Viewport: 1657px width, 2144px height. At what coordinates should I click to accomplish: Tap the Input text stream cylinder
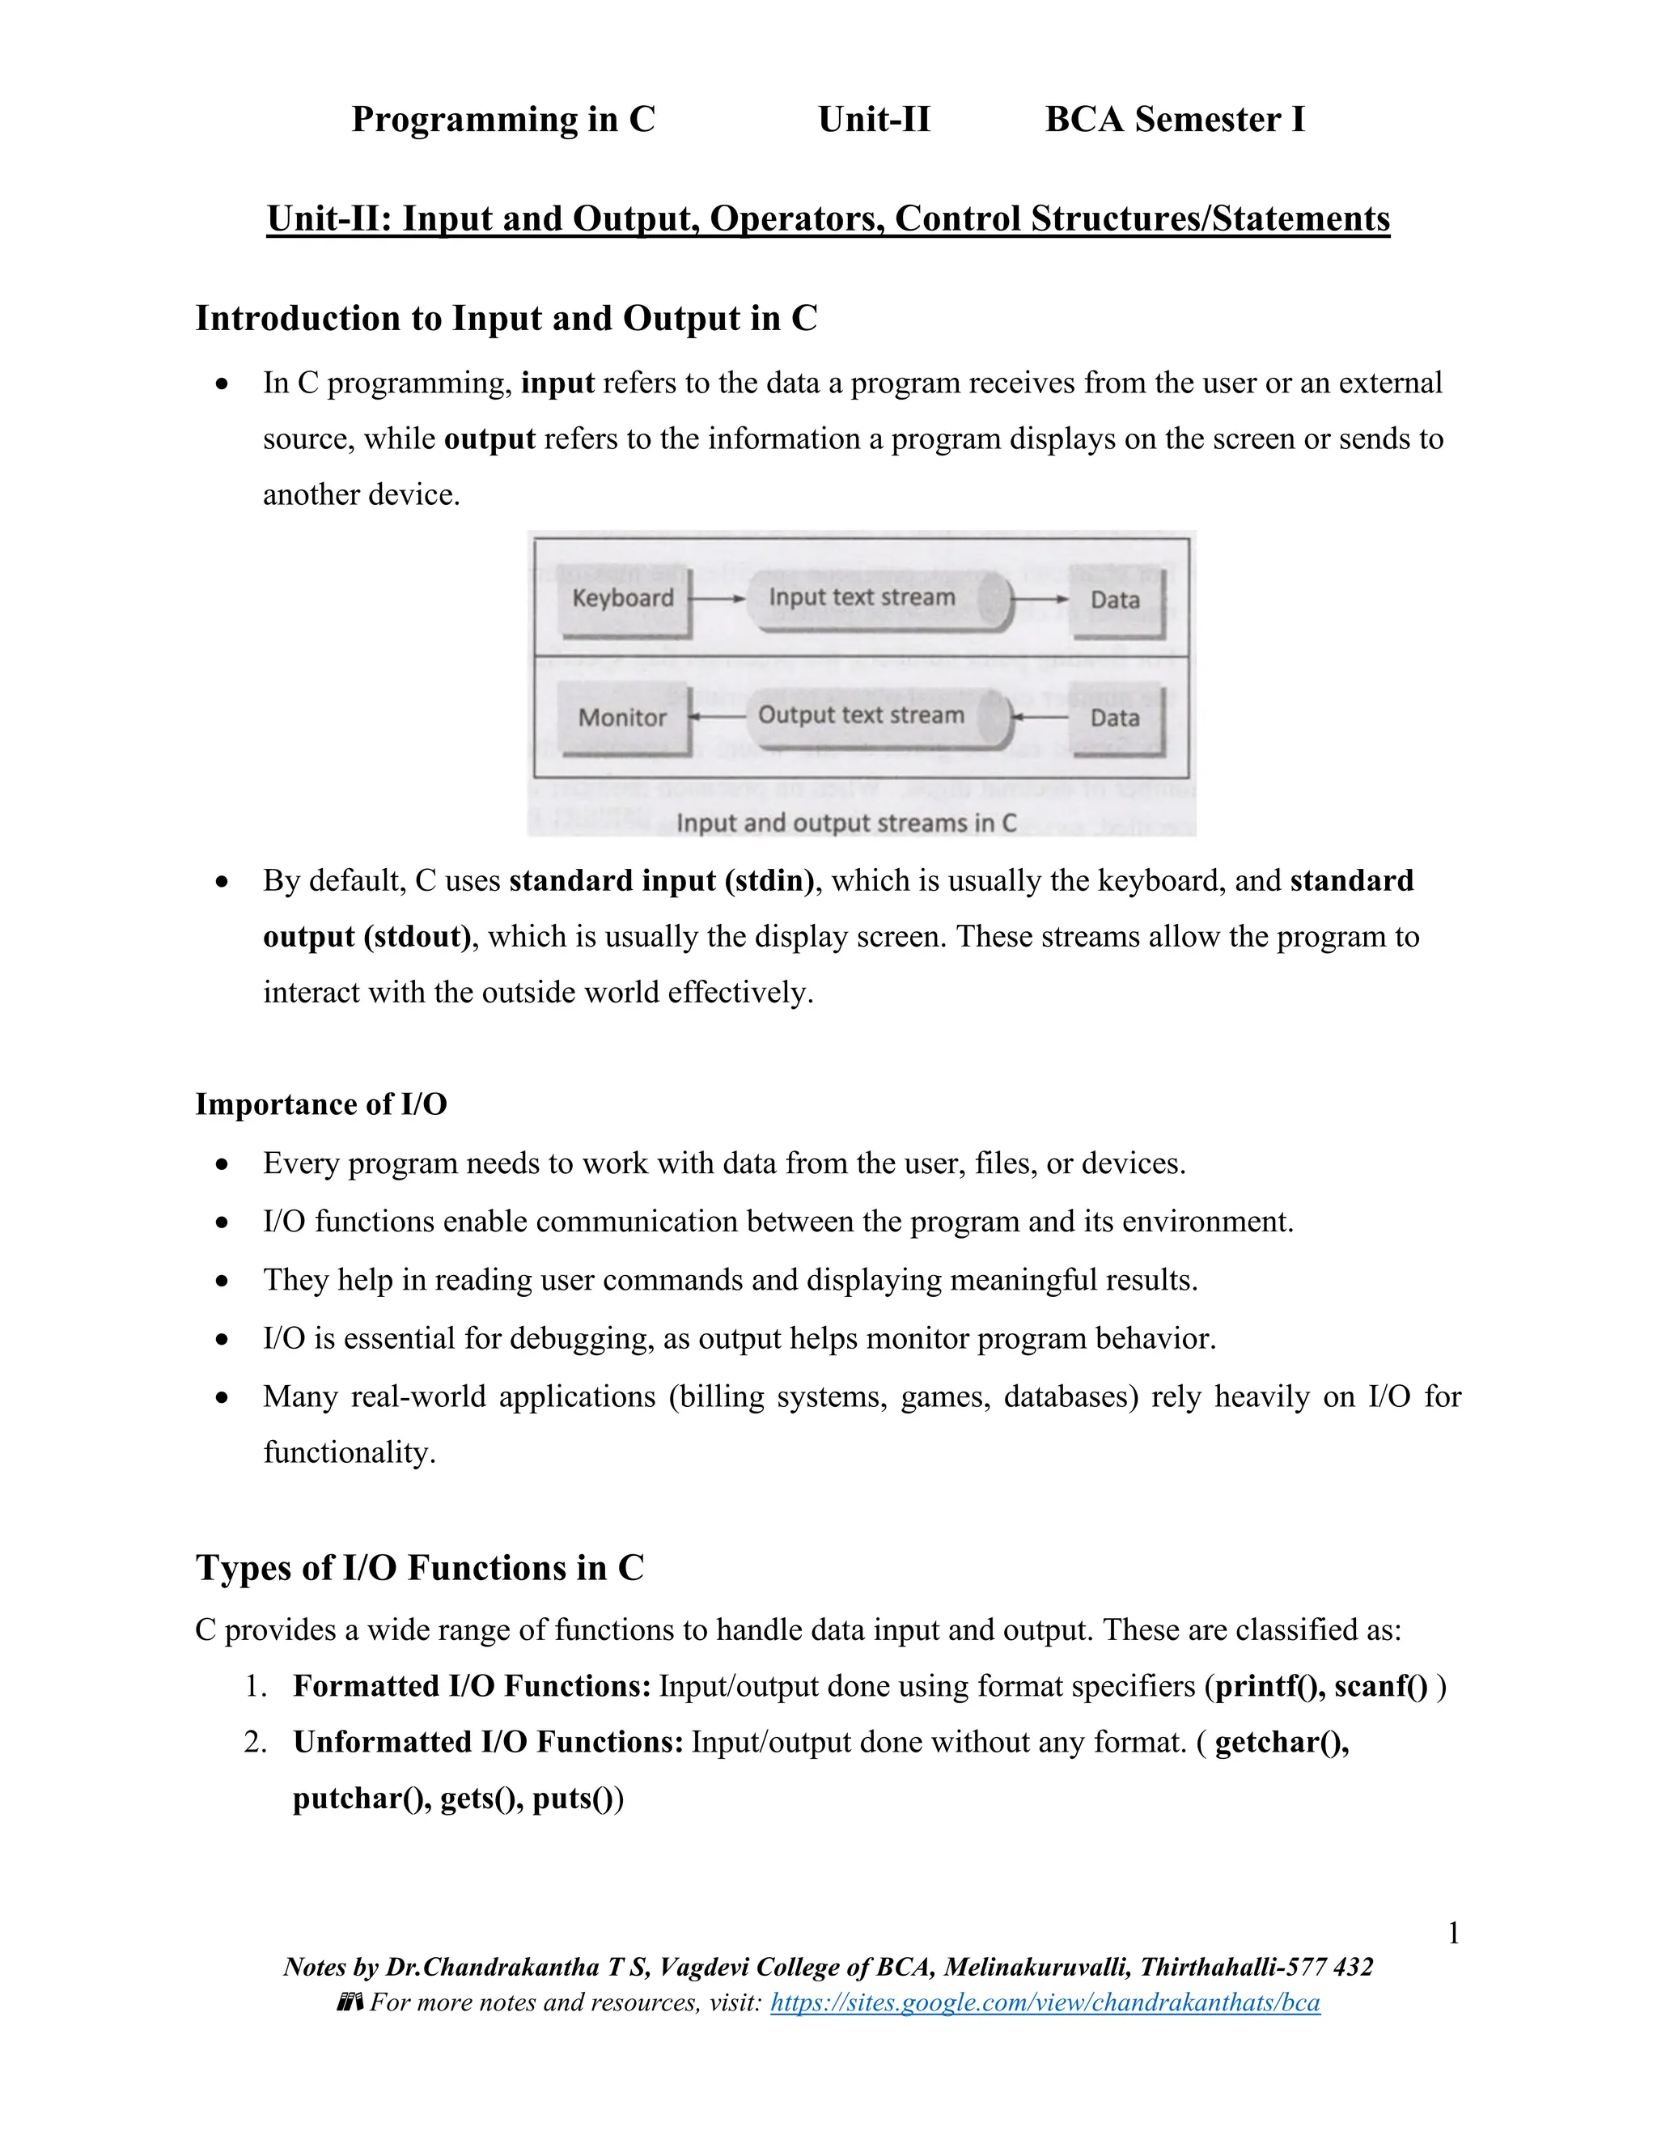click(876, 598)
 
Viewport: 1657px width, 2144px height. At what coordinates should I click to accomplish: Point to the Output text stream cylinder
click(876, 716)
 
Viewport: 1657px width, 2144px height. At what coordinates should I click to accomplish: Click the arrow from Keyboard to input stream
click(718, 598)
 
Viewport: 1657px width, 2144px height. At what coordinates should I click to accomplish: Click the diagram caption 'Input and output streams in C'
click(846, 823)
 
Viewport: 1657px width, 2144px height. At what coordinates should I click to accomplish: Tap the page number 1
click(1454, 1934)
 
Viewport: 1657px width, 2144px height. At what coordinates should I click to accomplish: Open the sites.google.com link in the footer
click(1045, 2002)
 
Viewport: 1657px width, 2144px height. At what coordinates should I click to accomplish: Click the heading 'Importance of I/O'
click(321, 1104)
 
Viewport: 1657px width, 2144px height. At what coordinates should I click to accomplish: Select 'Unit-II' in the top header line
click(874, 120)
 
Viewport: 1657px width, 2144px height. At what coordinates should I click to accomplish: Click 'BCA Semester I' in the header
click(1175, 120)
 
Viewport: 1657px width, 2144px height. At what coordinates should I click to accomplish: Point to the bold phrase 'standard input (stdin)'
click(662, 880)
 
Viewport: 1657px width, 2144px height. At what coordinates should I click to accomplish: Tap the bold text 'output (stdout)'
click(367, 937)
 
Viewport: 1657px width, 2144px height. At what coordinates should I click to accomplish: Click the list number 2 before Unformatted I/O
click(255, 1743)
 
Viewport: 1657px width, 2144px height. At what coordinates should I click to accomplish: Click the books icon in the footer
click(350, 2002)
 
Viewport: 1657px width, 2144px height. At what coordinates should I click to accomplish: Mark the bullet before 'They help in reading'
click(224, 1281)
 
